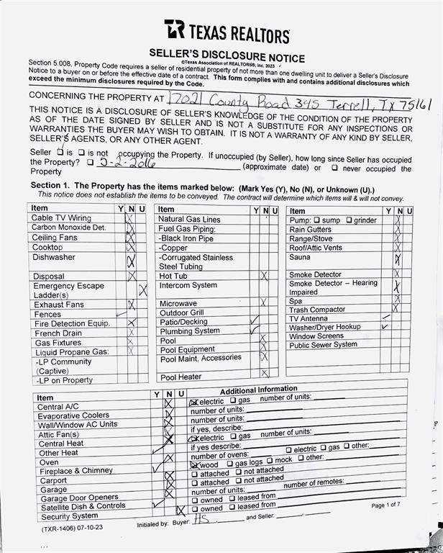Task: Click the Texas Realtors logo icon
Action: pyautogui.click(x=174, y=30)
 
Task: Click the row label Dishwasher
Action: pyautogui.click(x=53, y=257)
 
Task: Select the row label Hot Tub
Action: pyautogui.click(x=173, y=276)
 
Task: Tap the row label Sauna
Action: pyautogui.click(x=300, y=257)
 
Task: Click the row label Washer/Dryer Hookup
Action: pyautogui.click(x=325, y=327)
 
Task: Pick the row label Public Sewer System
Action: pyautogui.click(x=323, y=345)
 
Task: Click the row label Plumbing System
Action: pyautogui.click(x=190, y=331)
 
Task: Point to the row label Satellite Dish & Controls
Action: pyautogui.click(x=82, y=506)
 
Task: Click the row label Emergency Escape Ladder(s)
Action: pyautogui.click(x=69, y=290)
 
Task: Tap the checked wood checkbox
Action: pyautogui.click(x=194, y=464)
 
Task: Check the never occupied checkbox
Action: pyautogui.click(x=334, y=168)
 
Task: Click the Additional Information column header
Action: pyautogui.click(x=258, y=390)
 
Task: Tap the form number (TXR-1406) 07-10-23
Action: pyautogui.click(x=72, y=528)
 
